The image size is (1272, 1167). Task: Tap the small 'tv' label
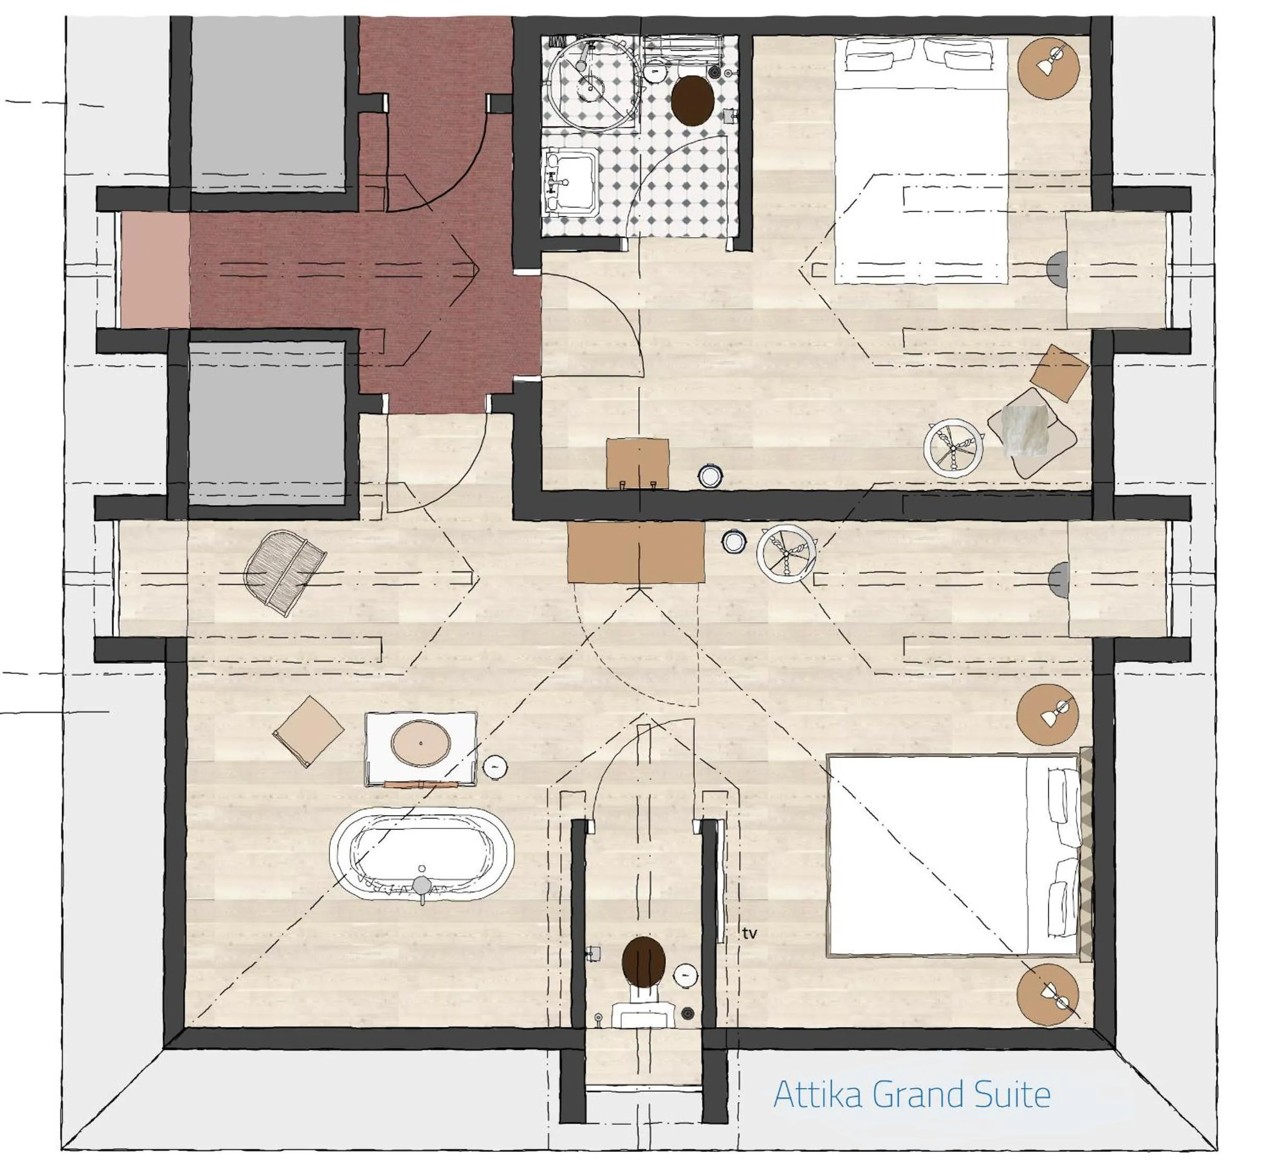pos(749,933)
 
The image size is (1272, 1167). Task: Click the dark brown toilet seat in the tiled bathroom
pos(693,100)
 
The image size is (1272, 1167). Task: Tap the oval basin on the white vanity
pos(421,743)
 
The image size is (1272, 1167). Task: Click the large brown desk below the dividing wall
pos(635,552)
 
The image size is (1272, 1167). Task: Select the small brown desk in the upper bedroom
pos(637,464)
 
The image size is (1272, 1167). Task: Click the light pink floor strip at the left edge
pos(155,270)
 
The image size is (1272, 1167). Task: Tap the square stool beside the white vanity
pos(309,731)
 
